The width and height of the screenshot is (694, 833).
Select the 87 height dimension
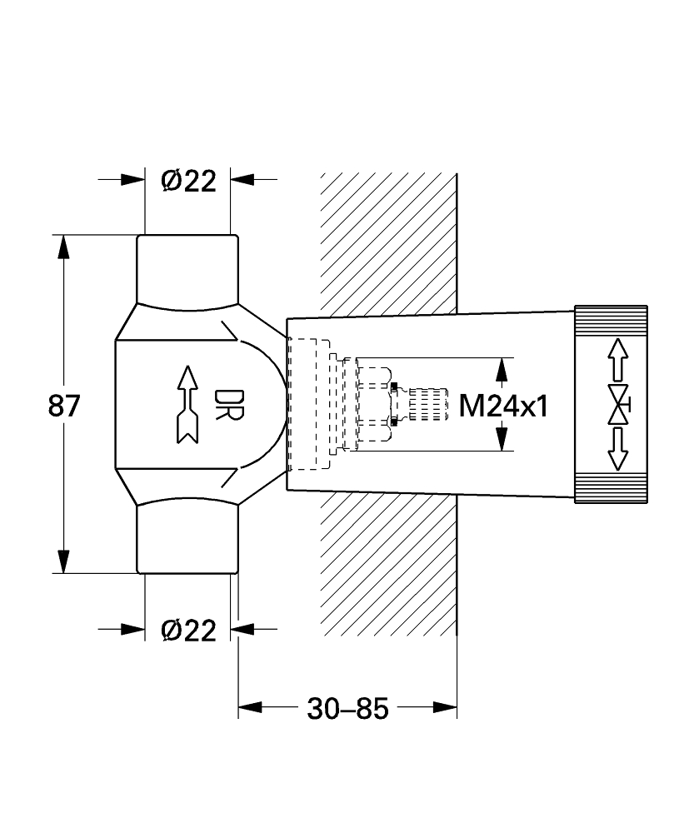[x=64, y=406]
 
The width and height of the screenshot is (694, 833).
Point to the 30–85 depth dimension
[x=348, y=709]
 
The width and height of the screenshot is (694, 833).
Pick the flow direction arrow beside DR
[x=185, y=405]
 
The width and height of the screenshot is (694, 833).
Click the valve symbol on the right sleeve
[x=618, y=405]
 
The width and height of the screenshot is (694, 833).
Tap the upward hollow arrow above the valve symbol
[x=617, y=359]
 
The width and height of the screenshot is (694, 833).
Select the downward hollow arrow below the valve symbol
[x=617, y=450]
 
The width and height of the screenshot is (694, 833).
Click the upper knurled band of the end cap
[x=611, y=322]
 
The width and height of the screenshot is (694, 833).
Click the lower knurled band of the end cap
[x=611, y=488]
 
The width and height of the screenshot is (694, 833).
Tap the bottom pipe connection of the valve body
[x=187, y=541]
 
